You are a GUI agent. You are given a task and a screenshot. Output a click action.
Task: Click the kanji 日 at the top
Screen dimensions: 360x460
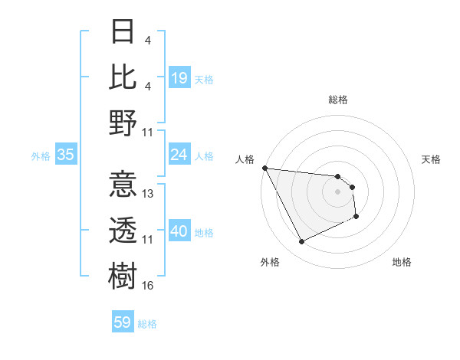[x=123, y=31]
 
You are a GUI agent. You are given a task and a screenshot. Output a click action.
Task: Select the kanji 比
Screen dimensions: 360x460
[x=123, y=77]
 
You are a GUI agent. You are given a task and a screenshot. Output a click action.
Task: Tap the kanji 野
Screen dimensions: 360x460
[x=123, y=123]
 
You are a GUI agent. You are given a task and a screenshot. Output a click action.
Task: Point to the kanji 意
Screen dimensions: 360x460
[x=123, y=185]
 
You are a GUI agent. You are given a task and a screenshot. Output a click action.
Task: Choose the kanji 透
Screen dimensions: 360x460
[x=123, y=230]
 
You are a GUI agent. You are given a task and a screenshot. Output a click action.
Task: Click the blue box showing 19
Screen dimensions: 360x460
[x=179, y=77]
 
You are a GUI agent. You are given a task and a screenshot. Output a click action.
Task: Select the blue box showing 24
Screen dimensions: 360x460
[x=179, y=155]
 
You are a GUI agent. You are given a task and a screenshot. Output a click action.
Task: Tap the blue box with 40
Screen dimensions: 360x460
[x=179, y=231]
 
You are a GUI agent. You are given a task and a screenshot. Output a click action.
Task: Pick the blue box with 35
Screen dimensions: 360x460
[x=66, y=155]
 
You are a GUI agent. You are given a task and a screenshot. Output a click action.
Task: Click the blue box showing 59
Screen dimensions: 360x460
[x=123, y=322]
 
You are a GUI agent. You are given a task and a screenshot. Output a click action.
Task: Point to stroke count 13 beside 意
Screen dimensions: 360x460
[x=149, y=194]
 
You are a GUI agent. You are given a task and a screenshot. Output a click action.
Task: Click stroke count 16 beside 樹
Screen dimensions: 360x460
[x=149, y=286]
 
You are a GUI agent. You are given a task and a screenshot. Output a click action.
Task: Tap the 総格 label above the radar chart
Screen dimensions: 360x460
[x=338, y=100]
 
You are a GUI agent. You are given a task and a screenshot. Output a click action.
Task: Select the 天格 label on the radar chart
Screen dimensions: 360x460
[x=432, y=159]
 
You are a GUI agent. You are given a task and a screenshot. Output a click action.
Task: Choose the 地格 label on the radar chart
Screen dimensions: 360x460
[x=402, y=262]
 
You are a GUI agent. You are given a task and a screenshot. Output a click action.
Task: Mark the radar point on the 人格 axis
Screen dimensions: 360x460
[x=264, y=168]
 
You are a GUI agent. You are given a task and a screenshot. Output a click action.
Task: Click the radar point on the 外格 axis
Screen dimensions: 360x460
[x=301, y=242]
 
